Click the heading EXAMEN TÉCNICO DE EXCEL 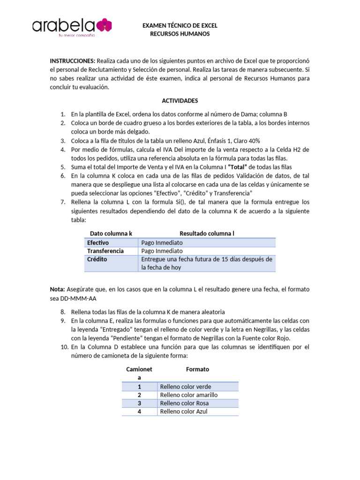pyautogui.click(x=180, y=26)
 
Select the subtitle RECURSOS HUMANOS pyautogui.click(x=180, y=34)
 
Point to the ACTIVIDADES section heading pyautogui.click(x=180, y=100)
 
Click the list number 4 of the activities pyautogui.click(x=62, y=149)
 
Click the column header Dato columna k pyautogui.click(x=111, y=233)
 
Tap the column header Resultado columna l pyautogui.click(x=207, y=233)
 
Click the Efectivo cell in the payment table pyautogui.click(x=98, y=242)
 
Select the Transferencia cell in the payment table pyautogui.click(x=105, y=251)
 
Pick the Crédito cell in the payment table pyautogui.click(x=97, y=259)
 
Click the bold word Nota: pyautogui.click(x=58, y=289)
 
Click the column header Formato pyautogui.click(x=197, y=369)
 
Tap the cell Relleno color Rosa pyautogui.click(x=184, y=403)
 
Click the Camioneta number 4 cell pyautogui.click(x=139, y=412)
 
